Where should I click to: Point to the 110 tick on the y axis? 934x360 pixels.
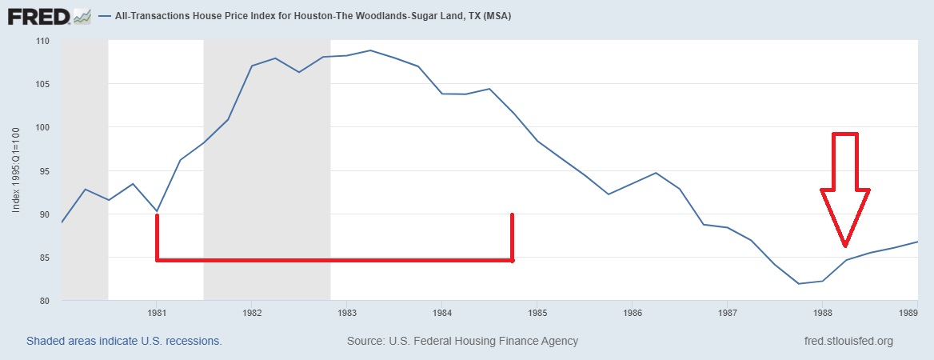42,41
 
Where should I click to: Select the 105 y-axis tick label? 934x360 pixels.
42,84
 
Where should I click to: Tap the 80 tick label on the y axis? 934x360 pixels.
45,302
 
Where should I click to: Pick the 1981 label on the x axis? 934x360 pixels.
157,312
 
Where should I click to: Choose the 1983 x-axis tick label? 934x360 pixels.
347,312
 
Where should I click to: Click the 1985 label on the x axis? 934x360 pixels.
537,312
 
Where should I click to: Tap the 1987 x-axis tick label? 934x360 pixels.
727,312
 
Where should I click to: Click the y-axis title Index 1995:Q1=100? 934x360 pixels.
16,171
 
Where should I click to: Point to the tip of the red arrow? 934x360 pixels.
845,245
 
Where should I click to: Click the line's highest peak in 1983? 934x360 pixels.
370,50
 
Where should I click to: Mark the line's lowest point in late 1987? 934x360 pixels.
798,283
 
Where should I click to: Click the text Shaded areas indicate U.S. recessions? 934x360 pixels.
124,341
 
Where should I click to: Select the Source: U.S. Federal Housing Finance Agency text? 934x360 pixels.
462,341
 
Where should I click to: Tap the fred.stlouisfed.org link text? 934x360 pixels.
848,341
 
